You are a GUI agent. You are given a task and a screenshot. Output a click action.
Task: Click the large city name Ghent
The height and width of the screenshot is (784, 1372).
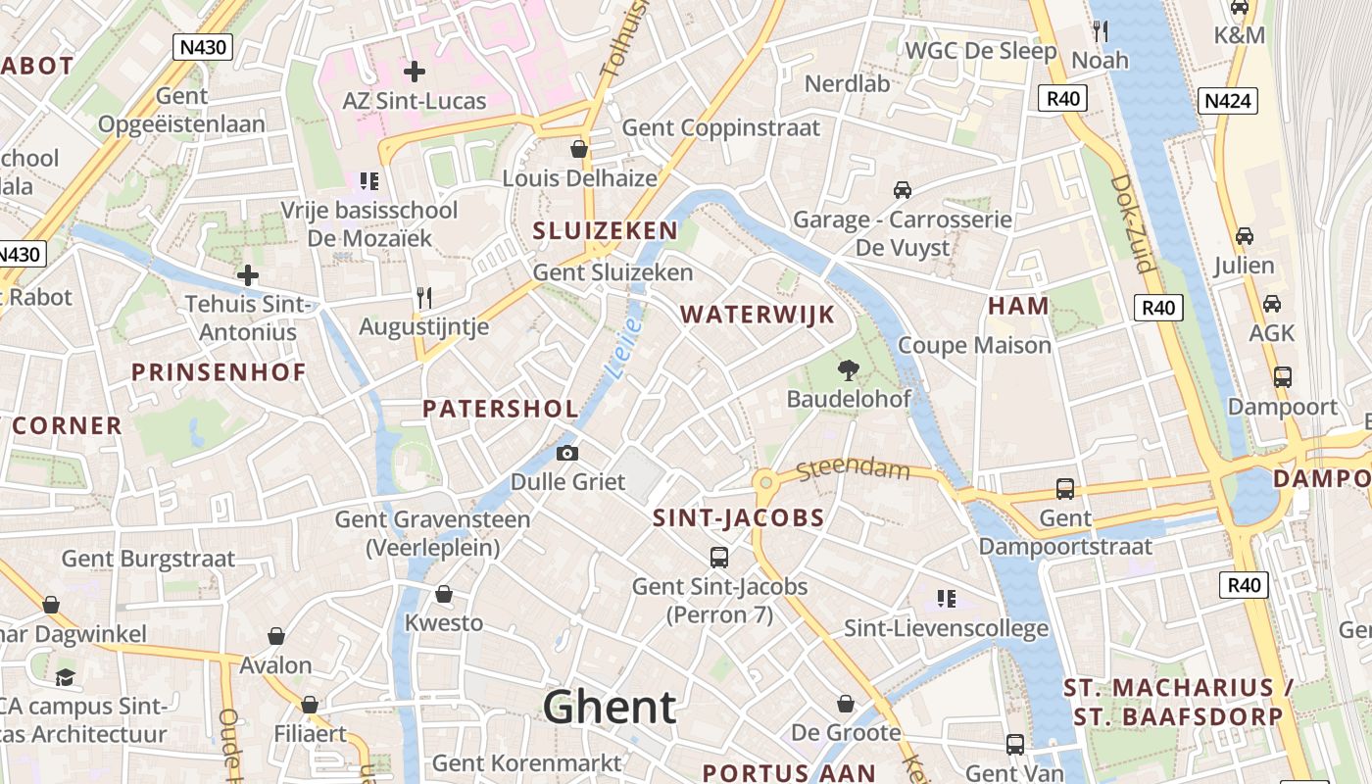610,707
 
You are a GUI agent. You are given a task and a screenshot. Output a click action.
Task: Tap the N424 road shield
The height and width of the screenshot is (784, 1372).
1227,100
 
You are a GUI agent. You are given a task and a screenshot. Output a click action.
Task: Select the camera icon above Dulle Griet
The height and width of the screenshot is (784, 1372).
566,453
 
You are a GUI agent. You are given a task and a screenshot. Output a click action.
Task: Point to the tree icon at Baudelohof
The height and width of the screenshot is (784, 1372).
848,369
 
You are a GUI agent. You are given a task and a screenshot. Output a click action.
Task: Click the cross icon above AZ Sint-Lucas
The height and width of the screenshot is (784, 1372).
415,72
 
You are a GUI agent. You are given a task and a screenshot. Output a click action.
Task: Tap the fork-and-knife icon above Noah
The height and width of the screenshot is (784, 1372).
1100,31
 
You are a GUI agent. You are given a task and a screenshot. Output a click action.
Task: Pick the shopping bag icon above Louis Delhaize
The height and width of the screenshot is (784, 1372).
579,149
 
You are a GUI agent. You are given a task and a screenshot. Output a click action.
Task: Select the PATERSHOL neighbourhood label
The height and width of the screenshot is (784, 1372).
500,409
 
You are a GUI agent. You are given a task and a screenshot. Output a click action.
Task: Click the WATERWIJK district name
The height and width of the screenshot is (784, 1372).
758,315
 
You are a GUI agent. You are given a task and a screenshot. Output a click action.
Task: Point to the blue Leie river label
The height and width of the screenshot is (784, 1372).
623,348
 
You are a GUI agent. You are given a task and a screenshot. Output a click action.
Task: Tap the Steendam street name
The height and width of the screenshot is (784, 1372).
853,469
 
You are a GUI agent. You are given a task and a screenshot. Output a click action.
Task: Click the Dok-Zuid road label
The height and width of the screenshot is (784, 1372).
1135,223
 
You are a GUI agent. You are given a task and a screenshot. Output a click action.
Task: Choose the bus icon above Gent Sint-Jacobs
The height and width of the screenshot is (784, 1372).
719,557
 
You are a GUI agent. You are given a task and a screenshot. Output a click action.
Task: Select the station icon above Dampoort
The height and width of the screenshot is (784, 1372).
1282,376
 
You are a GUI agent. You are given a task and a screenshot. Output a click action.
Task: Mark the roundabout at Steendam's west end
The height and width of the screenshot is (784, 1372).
764,481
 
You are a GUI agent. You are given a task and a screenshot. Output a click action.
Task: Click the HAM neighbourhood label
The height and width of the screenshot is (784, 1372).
1018,306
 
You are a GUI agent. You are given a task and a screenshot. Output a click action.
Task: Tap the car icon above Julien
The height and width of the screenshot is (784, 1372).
1244,236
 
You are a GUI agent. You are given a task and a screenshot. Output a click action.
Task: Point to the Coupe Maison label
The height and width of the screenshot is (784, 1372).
974,345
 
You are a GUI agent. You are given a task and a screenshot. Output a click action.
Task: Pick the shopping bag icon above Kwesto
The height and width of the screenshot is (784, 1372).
444,594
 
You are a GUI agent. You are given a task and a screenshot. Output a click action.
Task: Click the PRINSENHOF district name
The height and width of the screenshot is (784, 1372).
219,372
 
